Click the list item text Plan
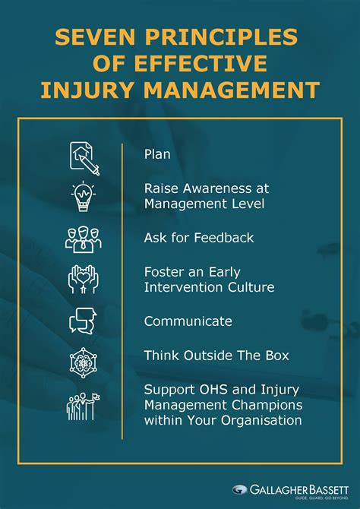click(x=157, y=154)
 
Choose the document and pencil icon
click(x=84, y=159)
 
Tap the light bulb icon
click(x=83, y=197)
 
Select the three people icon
click(x=84, y=240)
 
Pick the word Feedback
click(x=223, y=238)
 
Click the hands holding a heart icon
click(x=83, y=280)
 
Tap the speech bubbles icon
click(x=83, y=320)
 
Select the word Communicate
click(x=188, y=321)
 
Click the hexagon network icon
click(x=83, y=362)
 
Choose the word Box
click(x=276, y=356)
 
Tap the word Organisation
click(x=261, y=421)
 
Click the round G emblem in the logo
click(x=240, y=490)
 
